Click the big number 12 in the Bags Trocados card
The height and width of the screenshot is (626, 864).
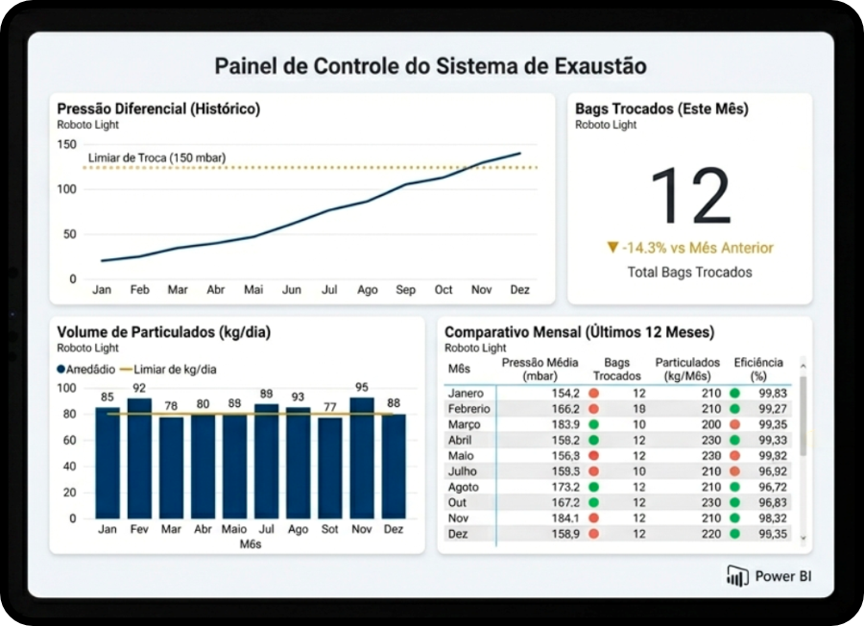tap(690, 196)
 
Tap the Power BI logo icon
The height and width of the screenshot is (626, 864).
tap(737, 576)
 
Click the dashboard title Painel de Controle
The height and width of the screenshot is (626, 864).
tap(430, 65)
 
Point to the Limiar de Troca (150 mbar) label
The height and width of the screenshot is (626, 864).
tap(157, 157)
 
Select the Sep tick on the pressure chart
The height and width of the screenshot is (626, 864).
tap(405, 289)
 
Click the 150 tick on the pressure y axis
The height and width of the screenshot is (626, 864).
tap(66, 145)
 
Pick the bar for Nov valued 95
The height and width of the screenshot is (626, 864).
tap(362, 457)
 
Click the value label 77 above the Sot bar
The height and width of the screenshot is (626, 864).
tap(330, 407)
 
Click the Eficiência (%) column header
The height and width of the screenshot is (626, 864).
tap(758, 369)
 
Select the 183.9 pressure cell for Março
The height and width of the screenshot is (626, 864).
tap(564, 424)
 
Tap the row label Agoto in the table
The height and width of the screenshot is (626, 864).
tap(466, 487)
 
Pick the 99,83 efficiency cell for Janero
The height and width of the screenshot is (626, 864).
tap(772, 393)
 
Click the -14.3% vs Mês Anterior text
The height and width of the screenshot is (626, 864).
tap(690, 248)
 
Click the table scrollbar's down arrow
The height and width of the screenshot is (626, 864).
tap(803, 540)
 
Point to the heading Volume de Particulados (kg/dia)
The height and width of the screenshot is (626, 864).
tap(163, 332)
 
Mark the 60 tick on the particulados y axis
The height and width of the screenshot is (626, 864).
tap(66, 441)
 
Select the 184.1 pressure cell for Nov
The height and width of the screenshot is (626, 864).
tap(564, 518)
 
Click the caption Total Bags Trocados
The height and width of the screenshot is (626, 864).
tap(690, 272)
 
